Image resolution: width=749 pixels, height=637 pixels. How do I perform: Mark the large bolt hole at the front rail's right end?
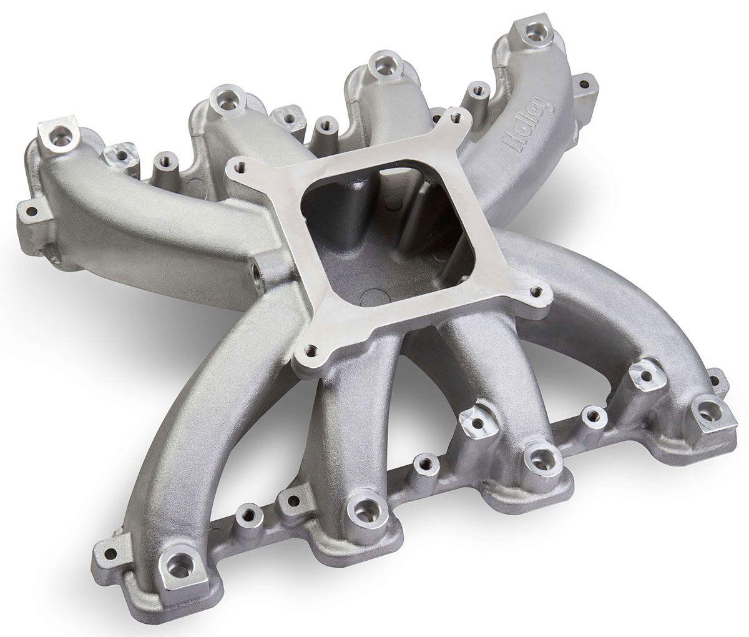coord(707,409)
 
